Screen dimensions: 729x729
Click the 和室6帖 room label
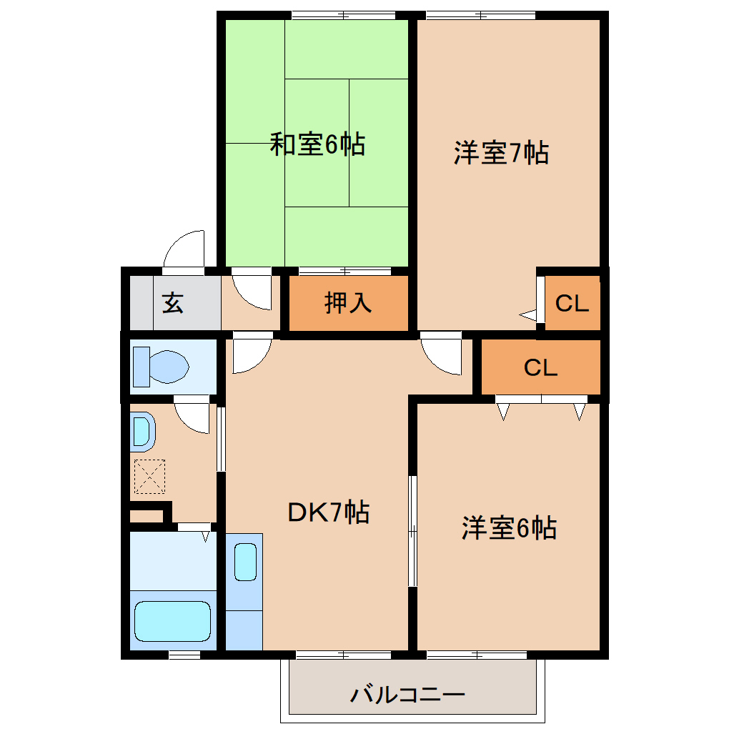click(317, 145)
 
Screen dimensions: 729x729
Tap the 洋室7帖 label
click(501, 153)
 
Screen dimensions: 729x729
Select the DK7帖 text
click(328, 512)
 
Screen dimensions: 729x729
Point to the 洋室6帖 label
click(509, 528)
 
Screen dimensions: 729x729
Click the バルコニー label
click(408, 694)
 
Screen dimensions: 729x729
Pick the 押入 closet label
click(348, 303)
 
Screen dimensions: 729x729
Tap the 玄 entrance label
click(172, 303)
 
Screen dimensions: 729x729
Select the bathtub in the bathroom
click(173, 621)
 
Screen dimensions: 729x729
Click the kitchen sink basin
click(245, 561)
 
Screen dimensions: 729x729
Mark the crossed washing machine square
click(150, 476)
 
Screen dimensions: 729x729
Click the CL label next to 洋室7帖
click(572, 304)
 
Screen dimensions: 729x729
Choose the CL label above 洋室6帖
click(540, 368)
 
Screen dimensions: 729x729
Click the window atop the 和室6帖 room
click(344, 15)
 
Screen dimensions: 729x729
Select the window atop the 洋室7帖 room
click(480, 15)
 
